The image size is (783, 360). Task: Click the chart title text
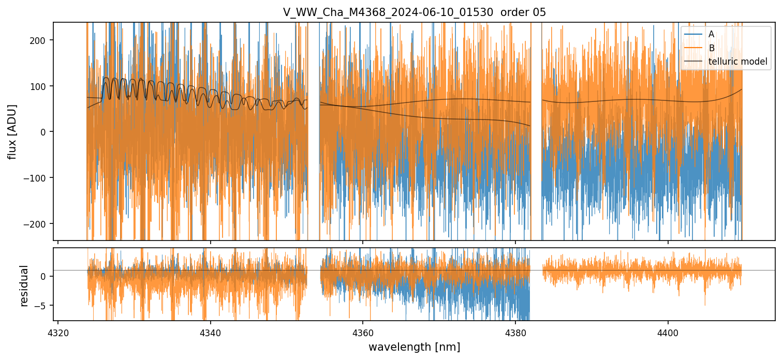[414, 12]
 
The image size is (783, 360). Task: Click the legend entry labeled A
[711, 34]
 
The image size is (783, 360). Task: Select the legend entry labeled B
[711, 48]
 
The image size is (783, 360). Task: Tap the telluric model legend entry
[737, 62]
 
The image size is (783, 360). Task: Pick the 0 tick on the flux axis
[45, 132]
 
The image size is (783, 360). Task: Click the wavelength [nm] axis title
[414, 347]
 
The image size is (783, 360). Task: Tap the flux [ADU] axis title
[11, 131]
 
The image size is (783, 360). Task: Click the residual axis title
[24, 286]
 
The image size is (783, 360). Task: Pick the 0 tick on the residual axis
[45, 276]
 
